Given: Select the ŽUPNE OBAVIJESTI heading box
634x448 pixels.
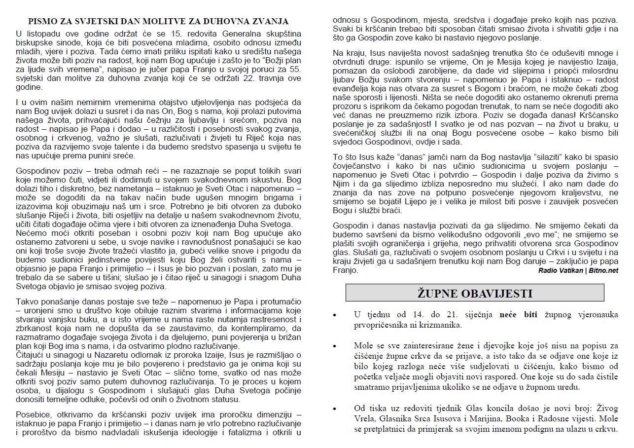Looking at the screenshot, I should point(474,293).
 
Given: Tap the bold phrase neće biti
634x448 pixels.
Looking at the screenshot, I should point(518,315).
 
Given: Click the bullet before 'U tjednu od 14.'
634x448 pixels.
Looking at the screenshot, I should point(335,315).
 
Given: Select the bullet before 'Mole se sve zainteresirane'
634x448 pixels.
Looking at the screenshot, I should point(335,346).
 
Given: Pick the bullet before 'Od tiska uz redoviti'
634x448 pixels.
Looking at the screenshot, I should point(335,409).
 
